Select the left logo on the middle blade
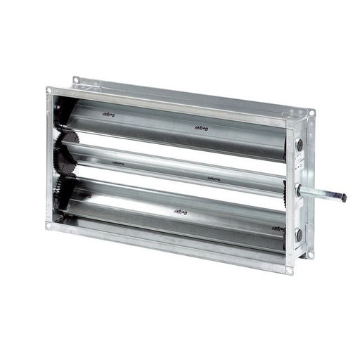(x=118, y=161)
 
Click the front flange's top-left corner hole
(x=49, y=91)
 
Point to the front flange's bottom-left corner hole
(x=48, y=226)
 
